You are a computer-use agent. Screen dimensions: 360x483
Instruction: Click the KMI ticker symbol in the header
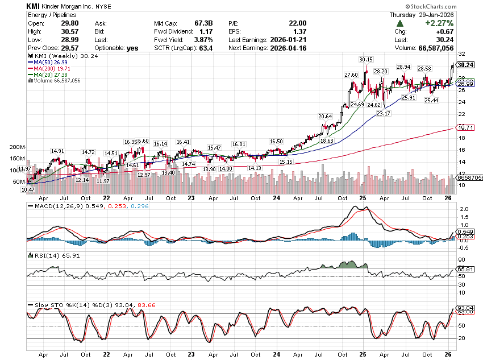(x=33, y=6)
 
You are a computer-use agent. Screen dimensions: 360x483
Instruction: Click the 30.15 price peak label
(x=366, y=59)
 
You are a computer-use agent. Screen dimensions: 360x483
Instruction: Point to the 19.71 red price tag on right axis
(x=465, y=128)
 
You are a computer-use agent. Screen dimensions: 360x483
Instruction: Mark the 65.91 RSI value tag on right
(x=465, y=269)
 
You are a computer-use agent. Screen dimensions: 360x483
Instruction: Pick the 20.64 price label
(x=324, y=116)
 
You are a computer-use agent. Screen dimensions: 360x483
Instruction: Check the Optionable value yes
(x=132, y=48)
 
